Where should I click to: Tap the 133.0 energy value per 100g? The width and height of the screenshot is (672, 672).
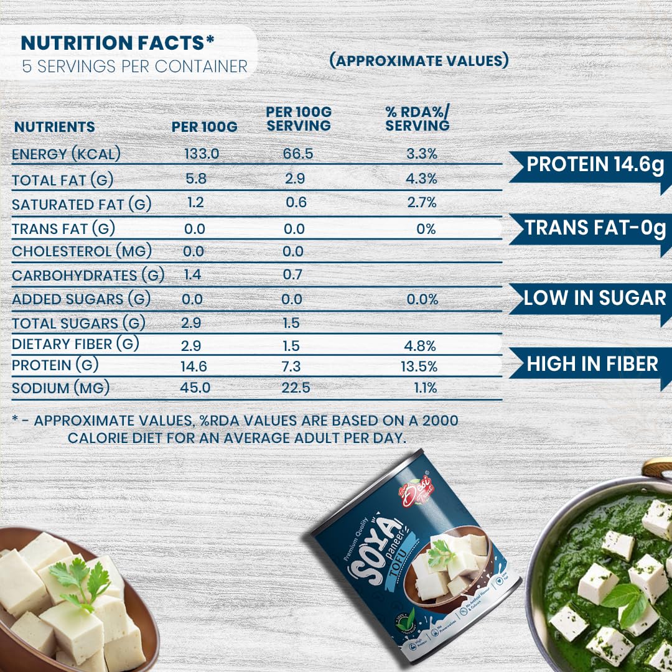(202, 154)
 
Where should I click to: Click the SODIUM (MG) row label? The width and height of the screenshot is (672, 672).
(61, 388)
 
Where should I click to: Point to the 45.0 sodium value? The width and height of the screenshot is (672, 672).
(195, 388)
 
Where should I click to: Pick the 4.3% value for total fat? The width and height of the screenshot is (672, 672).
(422, 179)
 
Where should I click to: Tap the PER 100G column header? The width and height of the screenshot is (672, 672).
(205, 127)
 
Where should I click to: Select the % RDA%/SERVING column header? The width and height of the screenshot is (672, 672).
(417, 119)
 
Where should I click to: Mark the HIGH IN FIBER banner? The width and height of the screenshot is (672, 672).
(591, 364)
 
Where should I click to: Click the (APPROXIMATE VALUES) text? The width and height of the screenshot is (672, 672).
(419, 61)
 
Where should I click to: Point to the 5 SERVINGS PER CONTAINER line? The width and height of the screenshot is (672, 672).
(134, 67)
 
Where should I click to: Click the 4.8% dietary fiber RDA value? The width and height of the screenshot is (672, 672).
(422, 346)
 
